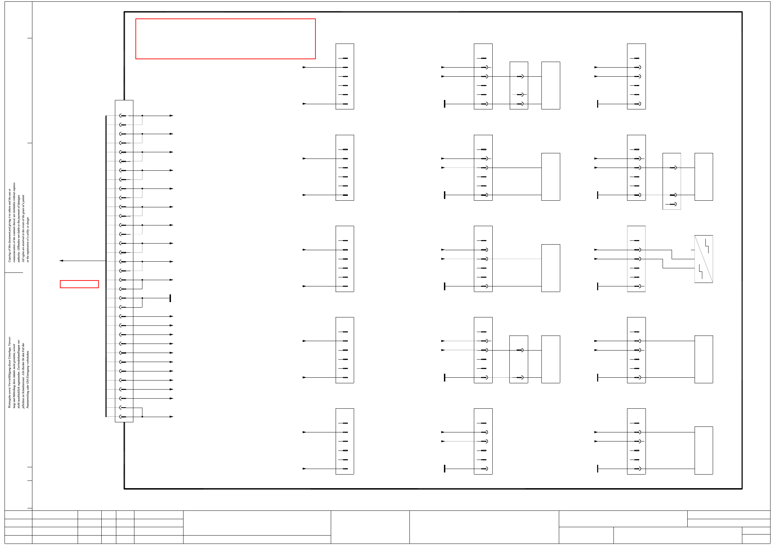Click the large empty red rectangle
(x=225, y=39)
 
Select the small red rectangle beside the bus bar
(x=79, y=284)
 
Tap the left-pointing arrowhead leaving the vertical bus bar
(x=61, y=261)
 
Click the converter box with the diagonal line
(x=703, y=259)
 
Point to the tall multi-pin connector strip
(x=124, y=261)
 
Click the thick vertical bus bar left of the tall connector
(x=106, y=266)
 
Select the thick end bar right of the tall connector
(x=170, y=298)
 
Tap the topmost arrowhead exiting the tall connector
(x=171, y=116)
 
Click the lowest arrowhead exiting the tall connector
(x=171, y=417)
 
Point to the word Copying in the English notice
(x=9, y=256)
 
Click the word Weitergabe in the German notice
(x=9, y=401)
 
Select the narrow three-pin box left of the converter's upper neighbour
(x=671, y=181)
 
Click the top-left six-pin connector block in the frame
(x=344, y=76)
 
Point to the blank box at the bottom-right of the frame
(x=703, y=450)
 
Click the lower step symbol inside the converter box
(x=701, y=272)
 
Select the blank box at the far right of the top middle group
(x=550, y=85)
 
